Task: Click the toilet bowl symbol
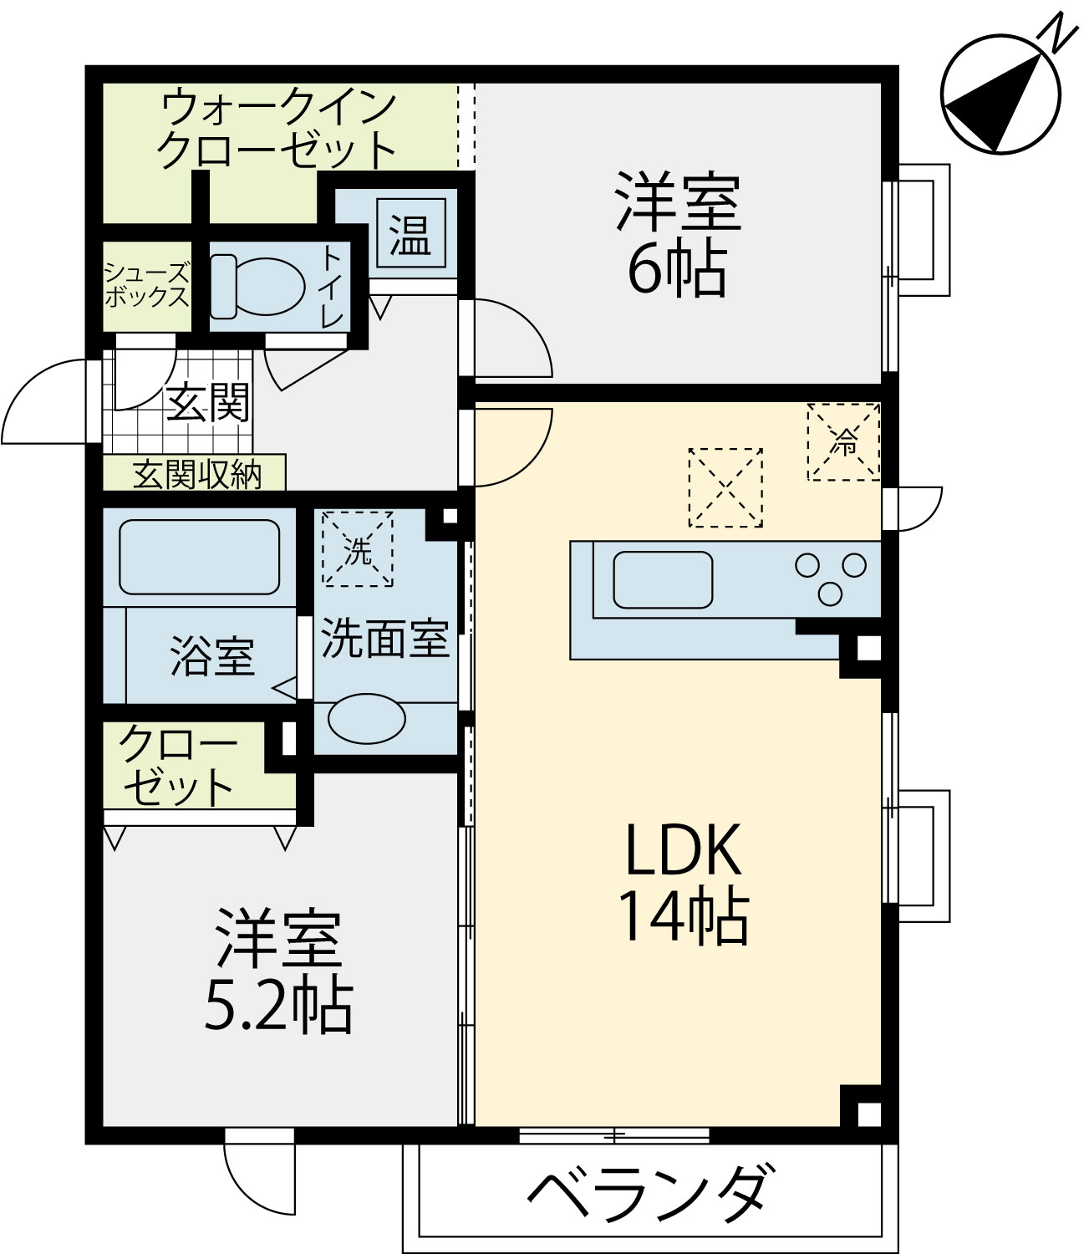[x=258, y=287]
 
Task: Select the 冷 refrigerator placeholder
[x=844, y=442]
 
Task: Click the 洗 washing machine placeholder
[x=358, y=548]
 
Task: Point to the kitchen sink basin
[x=663, y=579]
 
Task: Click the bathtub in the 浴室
[x=199, y=557]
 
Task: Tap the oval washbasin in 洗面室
[x=367, y=718]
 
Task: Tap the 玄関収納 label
[x=197, y=474]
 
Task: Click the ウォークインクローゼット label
[x=277, y=129]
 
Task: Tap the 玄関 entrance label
[x=208, y=403]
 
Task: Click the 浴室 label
[x=212, y=656]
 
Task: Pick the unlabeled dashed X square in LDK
[x=725, y=487]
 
